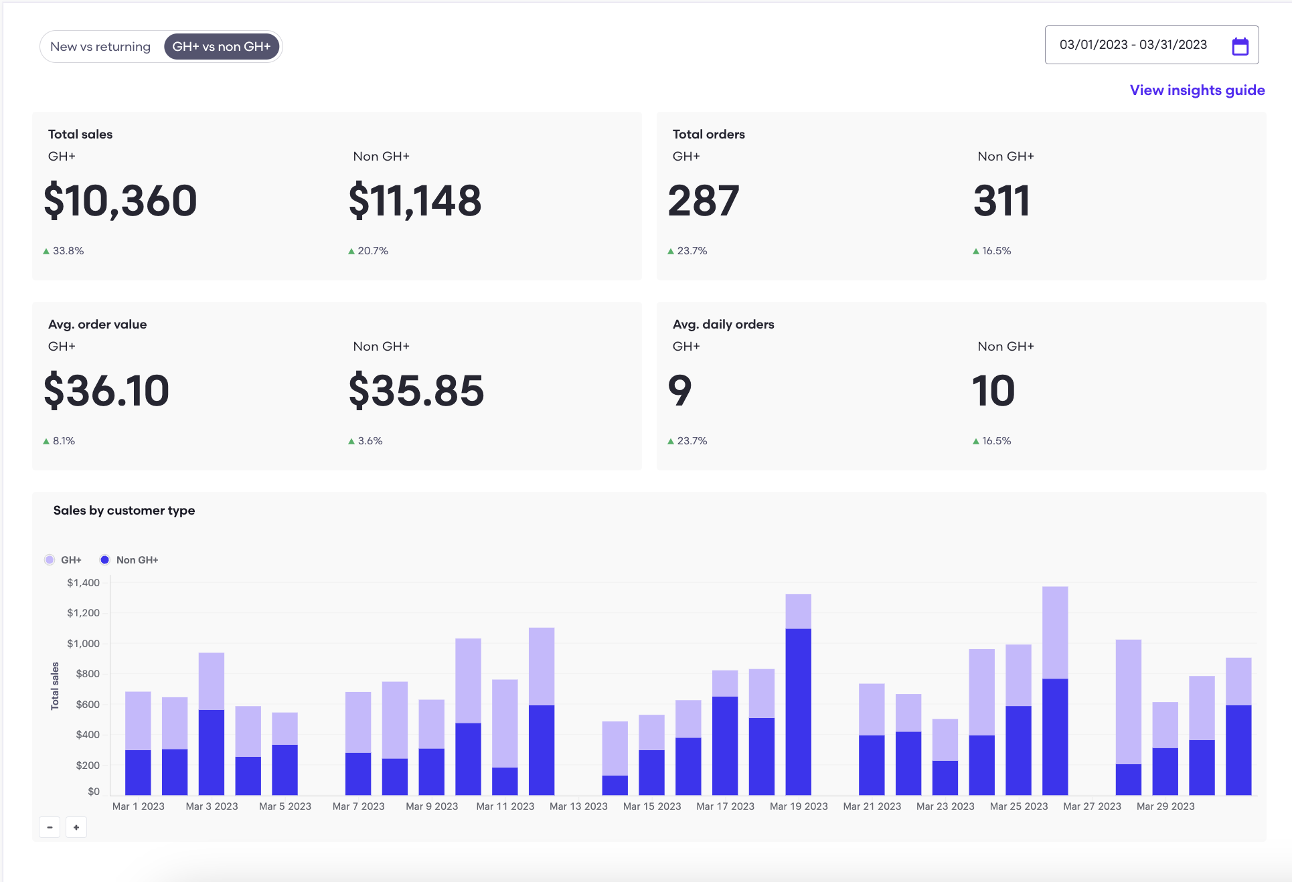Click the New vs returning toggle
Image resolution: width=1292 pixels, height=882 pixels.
[100, 47]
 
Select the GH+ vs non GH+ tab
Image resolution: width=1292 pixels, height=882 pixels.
[222, 47]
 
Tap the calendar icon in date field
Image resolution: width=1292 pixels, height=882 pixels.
[1240, 46]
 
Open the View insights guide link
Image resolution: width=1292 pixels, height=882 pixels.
[1197, 90]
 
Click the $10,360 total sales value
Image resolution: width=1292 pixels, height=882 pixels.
[120, 201]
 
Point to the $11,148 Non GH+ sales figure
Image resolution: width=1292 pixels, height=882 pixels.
[415, 201]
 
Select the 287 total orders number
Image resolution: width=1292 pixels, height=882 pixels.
[704, 201]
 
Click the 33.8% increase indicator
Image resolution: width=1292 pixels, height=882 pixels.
[64, 251]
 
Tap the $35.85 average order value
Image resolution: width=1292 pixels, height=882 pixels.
[416, 391]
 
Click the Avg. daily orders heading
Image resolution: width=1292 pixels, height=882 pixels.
[723, 325]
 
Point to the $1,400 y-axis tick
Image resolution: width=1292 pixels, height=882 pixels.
[83, 583]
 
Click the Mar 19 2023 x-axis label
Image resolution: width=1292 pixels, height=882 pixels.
[799, 806]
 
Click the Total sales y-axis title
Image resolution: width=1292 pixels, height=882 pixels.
[55, 686]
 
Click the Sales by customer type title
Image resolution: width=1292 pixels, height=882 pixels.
[124, 511]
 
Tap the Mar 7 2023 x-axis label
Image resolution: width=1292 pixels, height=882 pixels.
[358, 806]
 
